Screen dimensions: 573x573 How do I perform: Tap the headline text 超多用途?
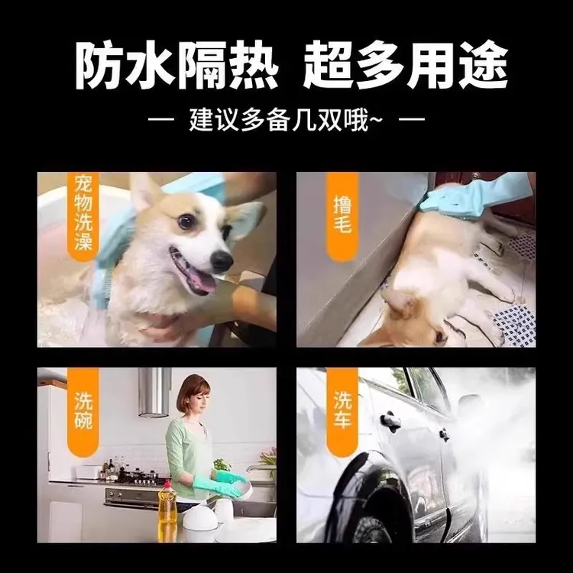point(405,66)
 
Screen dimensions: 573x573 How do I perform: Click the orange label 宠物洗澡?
point(84,215)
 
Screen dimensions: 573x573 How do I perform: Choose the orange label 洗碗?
point(84,410)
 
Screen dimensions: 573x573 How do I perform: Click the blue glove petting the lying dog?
point(458,196)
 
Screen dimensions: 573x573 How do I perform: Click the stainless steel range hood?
point(154,393)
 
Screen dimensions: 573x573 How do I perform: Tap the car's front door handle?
point(392,419)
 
